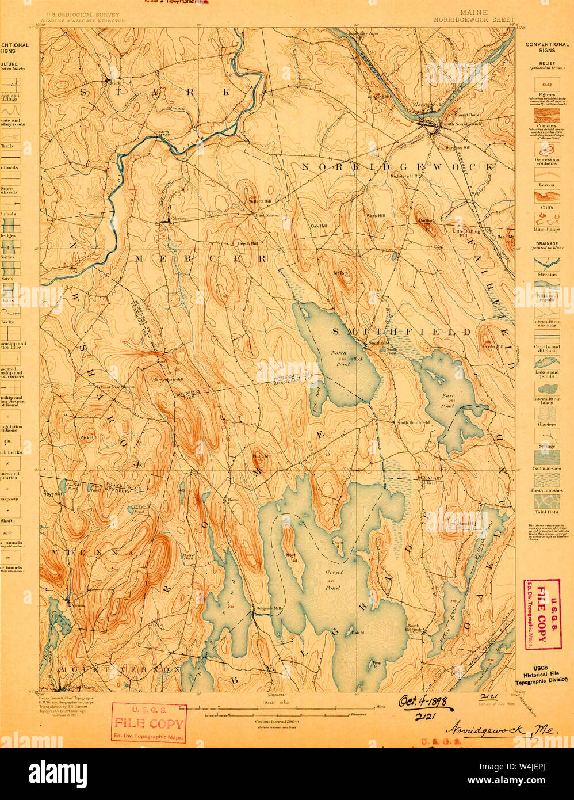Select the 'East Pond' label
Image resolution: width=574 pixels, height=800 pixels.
pyautogui.click(x=448, y=401)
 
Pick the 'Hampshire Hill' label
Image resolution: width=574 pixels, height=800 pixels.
pyautogui.click(x=167, y=380)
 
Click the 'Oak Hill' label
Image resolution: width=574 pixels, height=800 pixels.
pyautogui.click(x=319, y=226)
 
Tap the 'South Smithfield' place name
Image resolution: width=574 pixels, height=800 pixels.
pyautogui.click(x=412, y=422)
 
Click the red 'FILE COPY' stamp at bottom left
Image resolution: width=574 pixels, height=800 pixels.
pyautogui.click(x=149, y=723)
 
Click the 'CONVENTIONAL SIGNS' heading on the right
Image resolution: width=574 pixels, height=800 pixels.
pyautogui.click(x=547, y=47)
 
